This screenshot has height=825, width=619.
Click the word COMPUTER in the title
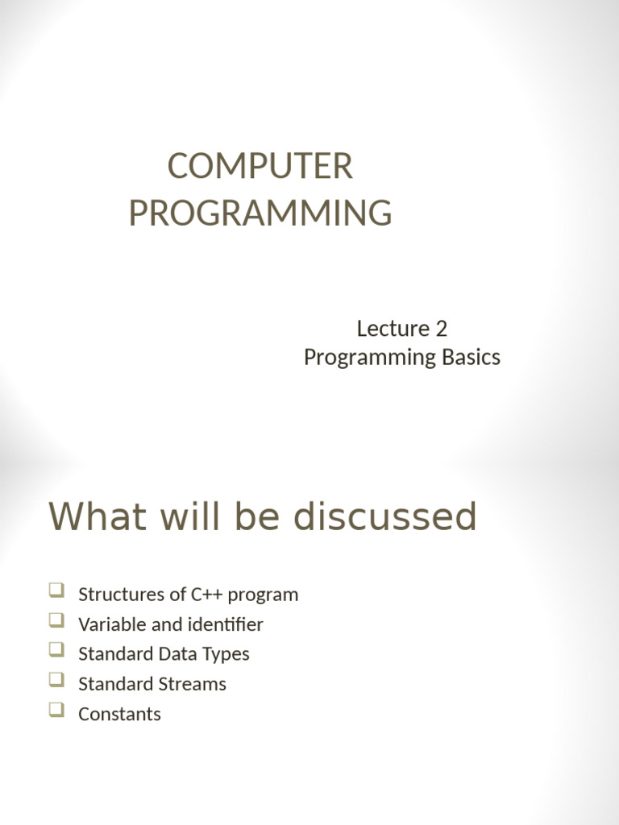(260, 166)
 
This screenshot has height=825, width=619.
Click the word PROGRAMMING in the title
(260, 213)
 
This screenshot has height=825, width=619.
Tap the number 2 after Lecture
(441, 329)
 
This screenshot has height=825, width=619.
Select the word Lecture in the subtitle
(393, 329)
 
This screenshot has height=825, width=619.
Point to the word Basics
(471, 357)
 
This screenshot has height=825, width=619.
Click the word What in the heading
(98, 516)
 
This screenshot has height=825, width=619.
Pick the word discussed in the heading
(384, 516)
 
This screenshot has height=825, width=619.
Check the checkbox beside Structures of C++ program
(57, 591)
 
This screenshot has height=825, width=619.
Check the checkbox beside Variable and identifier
(57, 620)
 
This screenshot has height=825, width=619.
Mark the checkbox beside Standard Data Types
(57, 650)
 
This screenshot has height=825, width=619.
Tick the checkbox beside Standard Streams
(57, 680)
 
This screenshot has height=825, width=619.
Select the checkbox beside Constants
(57, 710)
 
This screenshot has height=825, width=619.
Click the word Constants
(119, 714)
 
